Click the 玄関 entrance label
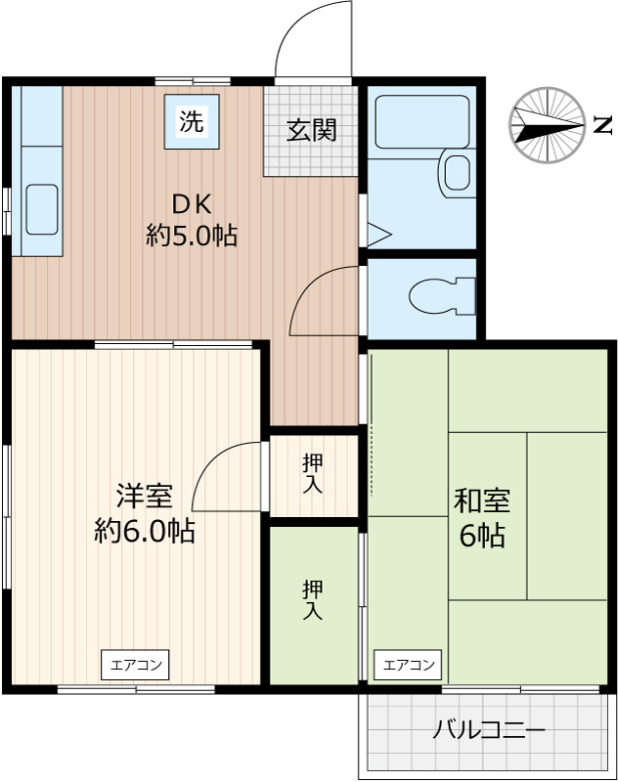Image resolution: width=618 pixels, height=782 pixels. (x=311, y=130)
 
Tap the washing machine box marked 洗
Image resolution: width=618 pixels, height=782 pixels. (x=192, y=122)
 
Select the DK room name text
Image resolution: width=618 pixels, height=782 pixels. (x=193, y=204)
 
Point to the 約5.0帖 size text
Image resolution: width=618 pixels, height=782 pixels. (x=192, y=236)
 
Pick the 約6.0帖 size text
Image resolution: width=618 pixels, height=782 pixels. (x=145, y=531)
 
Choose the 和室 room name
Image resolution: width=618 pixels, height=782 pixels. (x=481, y=501)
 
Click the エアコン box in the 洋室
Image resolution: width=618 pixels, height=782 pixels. (x=135, y=666)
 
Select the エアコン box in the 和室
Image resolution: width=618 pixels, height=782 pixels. (x=408, y=666)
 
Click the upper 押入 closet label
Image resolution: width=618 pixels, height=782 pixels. (x=313, y=473)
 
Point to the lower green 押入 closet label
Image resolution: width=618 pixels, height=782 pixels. (x=313, y=599)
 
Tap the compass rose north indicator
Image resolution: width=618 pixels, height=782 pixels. (x=543, y=124)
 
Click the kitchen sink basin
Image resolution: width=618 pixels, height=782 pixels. (x=42, y=208)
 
